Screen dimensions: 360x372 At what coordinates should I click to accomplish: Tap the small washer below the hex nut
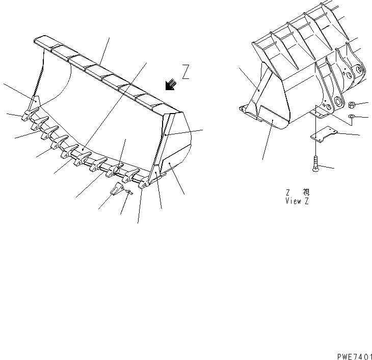click(x=351, y=118)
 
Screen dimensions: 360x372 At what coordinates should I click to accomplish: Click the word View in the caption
click(x=292, y=201)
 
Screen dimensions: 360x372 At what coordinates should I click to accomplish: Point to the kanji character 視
click(x=306, y=192)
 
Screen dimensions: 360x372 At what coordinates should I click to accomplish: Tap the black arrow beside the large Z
click(x=171, y=85)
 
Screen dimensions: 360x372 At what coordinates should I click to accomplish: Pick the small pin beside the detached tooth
click(x=130, y=192)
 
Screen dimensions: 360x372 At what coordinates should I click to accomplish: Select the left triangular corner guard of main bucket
click(x=35, y=104)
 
